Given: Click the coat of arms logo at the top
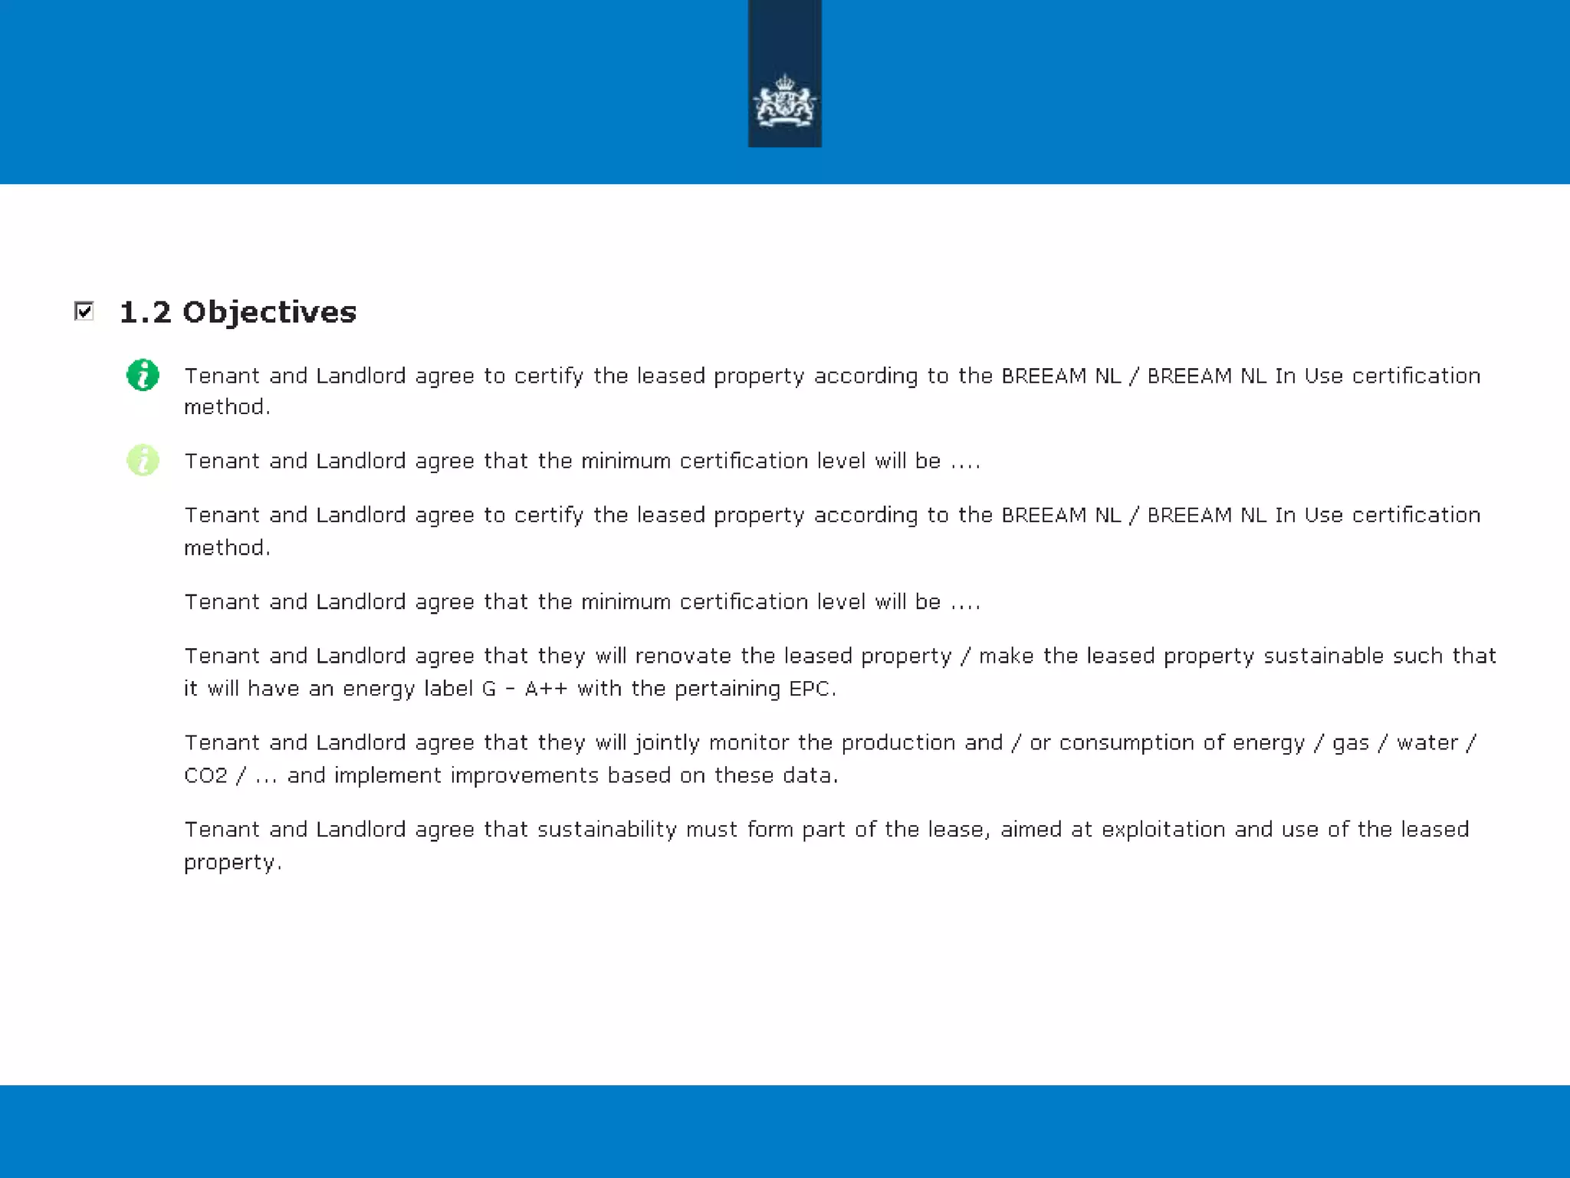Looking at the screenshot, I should (x=784, y=100).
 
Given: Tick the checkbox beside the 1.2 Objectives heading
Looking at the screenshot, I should (x=84, y=311).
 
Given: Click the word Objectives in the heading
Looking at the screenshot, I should (x=269, y=312).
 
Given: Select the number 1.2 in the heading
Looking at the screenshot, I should (x=145, y=312).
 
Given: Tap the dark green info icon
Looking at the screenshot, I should (x=143, y=375).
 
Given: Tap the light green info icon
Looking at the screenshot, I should (x=143, y=460).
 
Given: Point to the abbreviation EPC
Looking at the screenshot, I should (x=810, y=689).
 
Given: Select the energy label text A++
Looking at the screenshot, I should (x=546, y=689).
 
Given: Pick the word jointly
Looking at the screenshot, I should (x=667, y=743).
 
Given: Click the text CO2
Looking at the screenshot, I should (x=205, y=775).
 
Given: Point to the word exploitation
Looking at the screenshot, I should (x=1163, y=830).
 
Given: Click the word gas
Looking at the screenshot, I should (x=1350, y=743).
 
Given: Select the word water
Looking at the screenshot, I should (x=1427, y=743).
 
